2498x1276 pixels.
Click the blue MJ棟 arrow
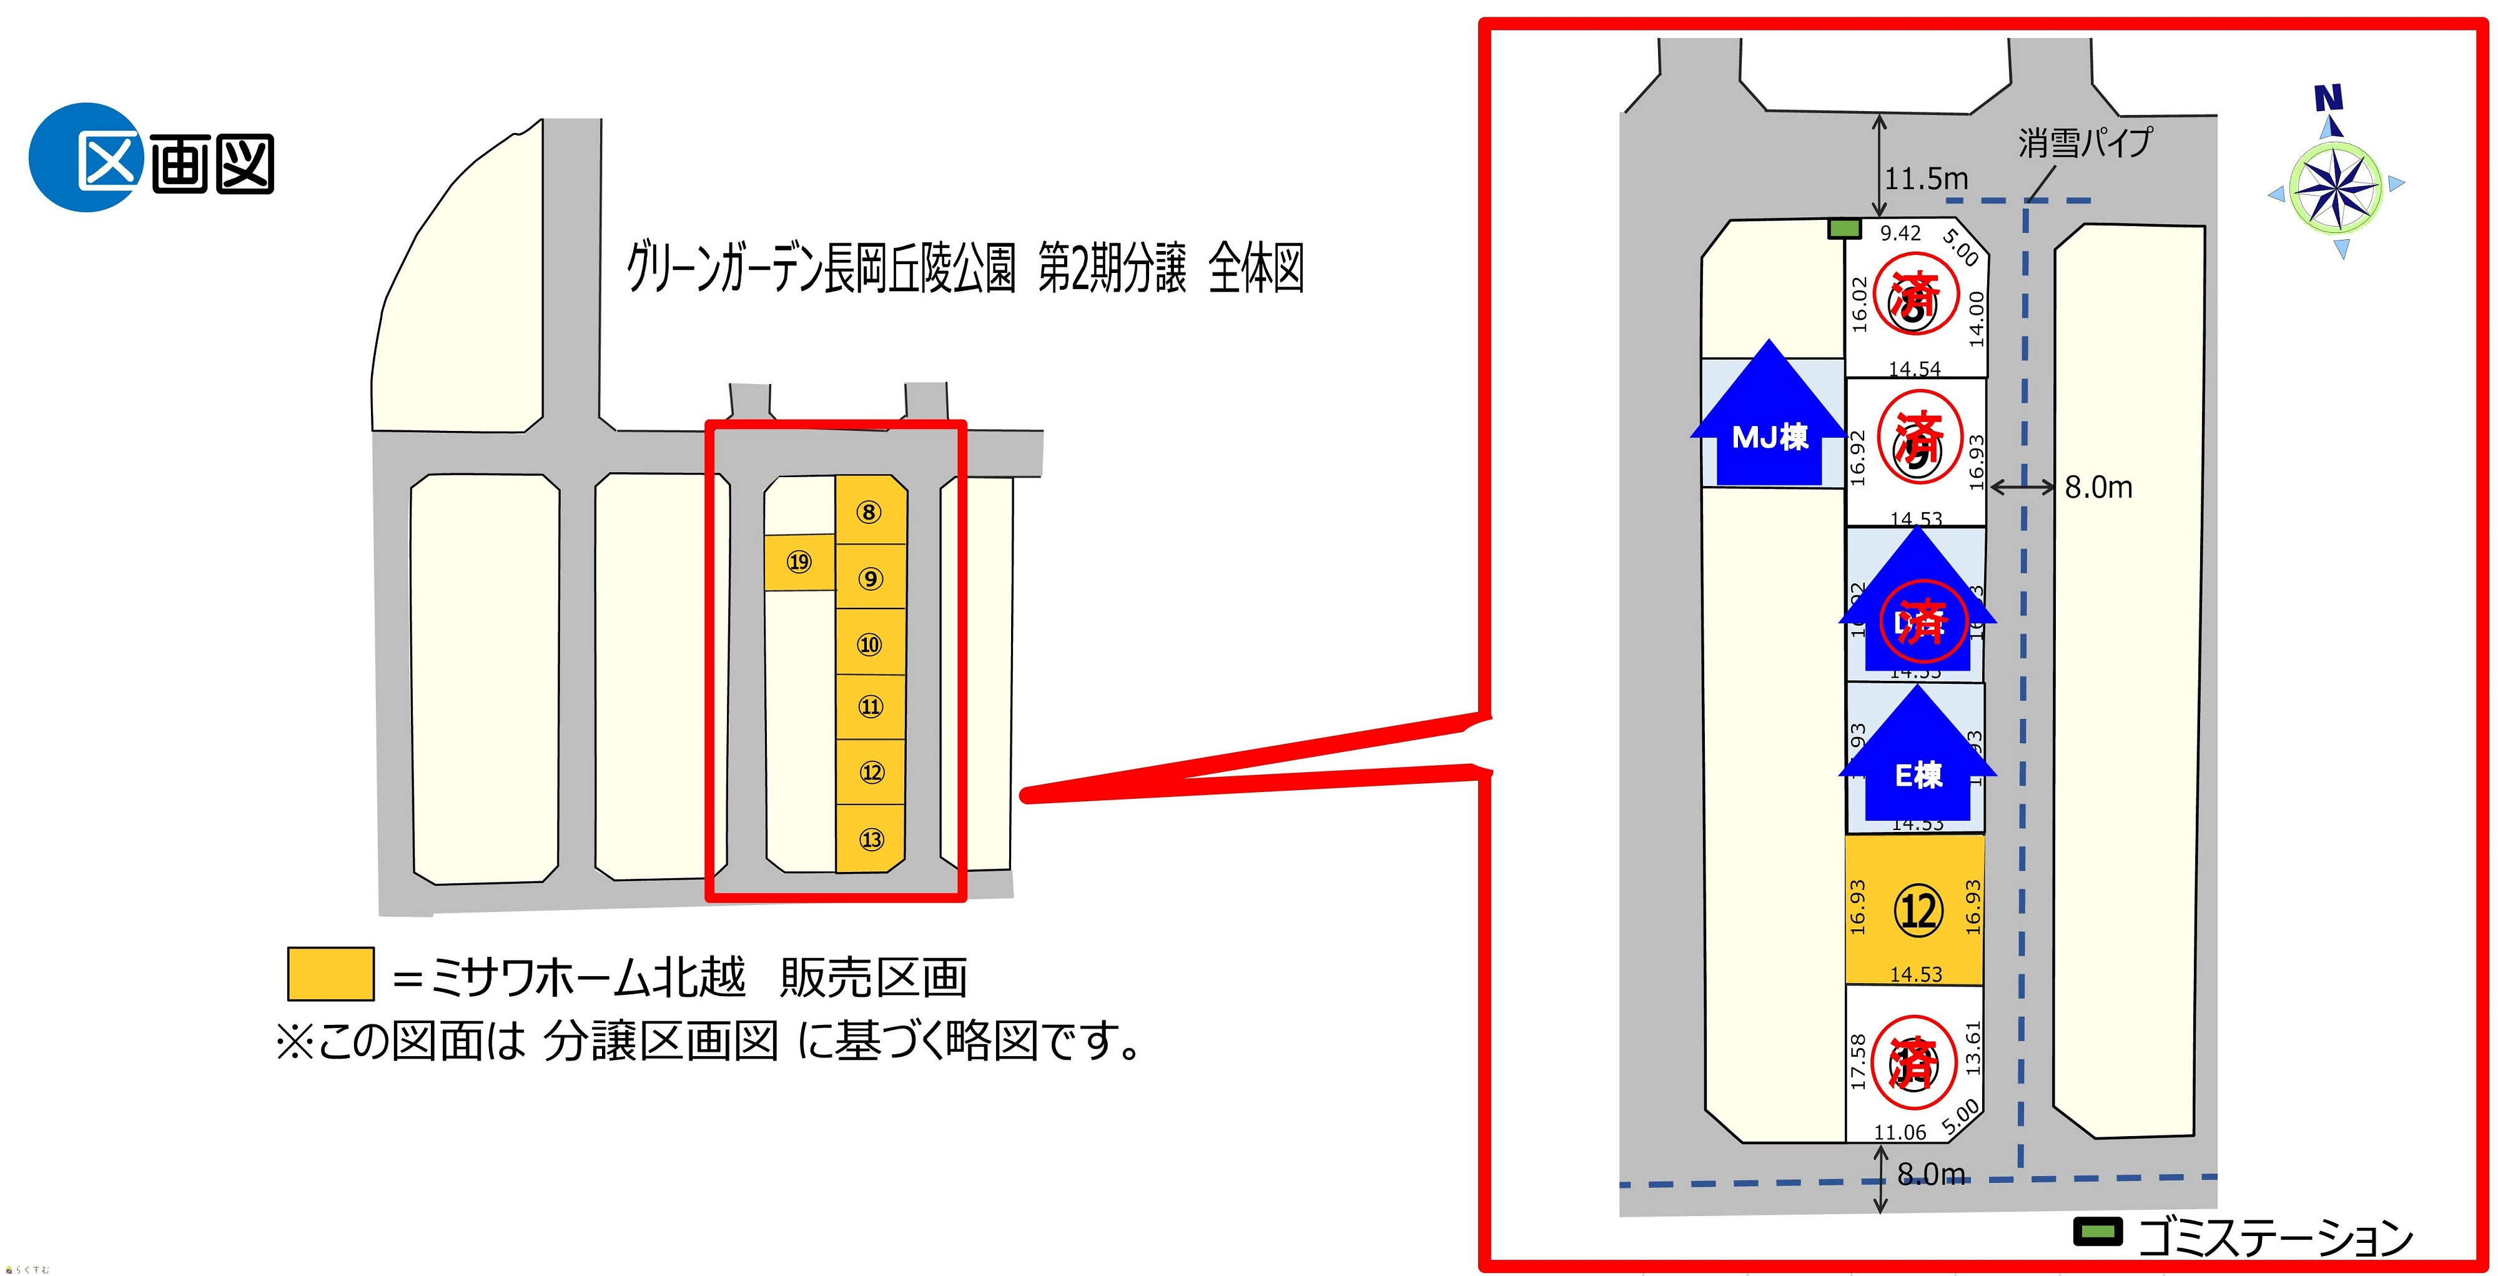coord(1769,427)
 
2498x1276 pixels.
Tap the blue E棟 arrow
coord(1917,765)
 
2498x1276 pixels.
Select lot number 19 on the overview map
coord(799,561)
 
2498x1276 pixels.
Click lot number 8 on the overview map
coord(869,512)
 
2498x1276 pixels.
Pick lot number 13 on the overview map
coord(871,839)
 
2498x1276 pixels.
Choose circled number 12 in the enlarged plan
coord(1917,911)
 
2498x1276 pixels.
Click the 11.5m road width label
coord(1926,179)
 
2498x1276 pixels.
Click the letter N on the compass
coord(2328,98)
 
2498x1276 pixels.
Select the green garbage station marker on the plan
coord(1844,229)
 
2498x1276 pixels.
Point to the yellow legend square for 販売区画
coord(331,974)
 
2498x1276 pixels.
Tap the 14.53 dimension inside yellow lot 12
coord(1916,974)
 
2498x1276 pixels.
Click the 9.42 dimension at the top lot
coord(1900,234)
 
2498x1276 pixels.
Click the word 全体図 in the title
coord(1256,269)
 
